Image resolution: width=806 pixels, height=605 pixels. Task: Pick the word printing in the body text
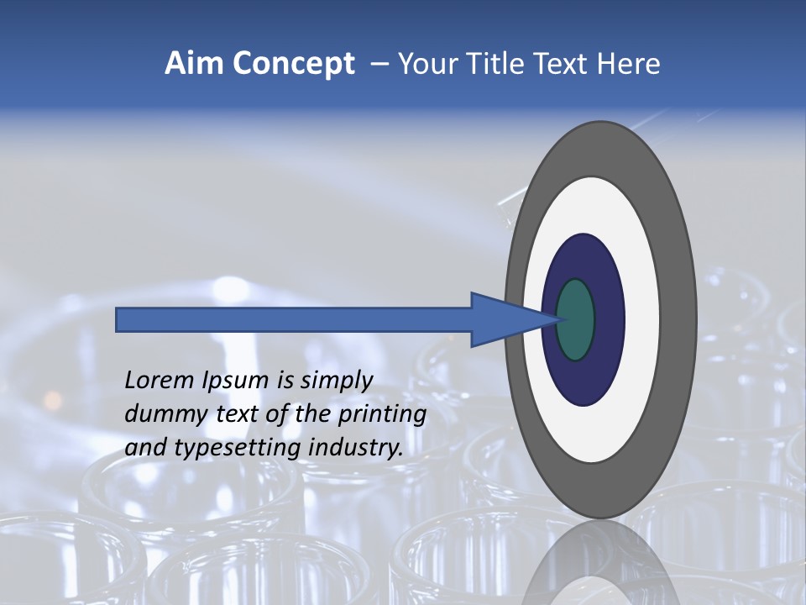(382, 415)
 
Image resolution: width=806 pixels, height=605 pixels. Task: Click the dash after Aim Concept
(379, 65)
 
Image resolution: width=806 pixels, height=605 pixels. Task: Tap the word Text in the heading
(560, 64)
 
